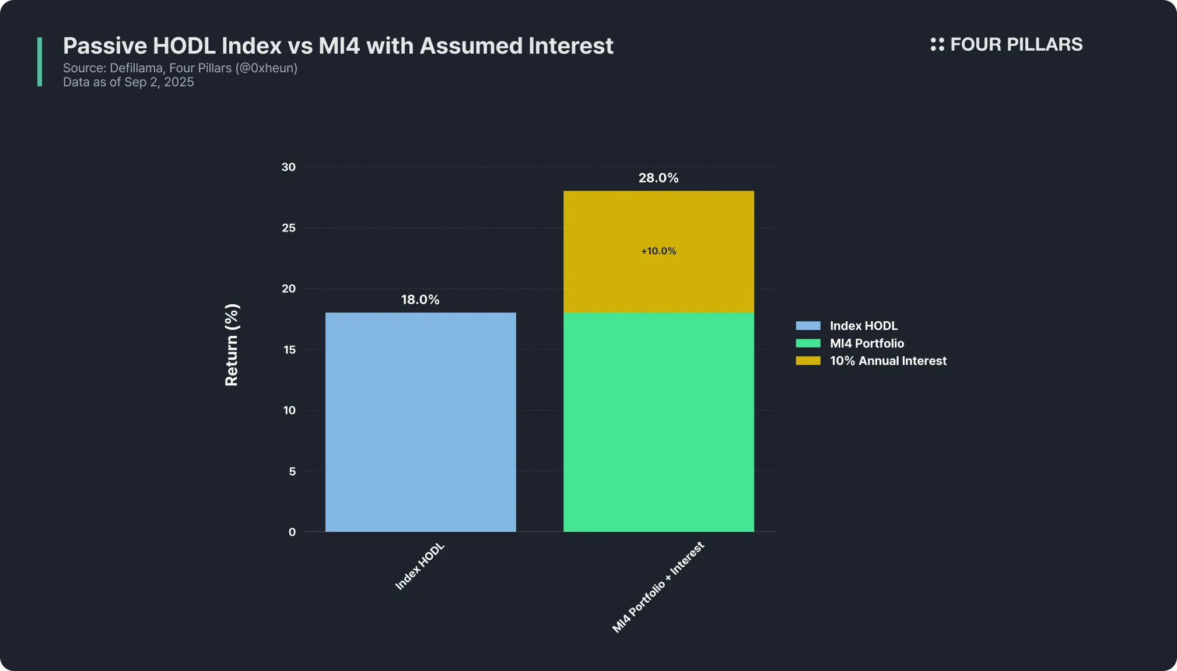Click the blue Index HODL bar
[421, 422]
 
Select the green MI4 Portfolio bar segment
[658, 422]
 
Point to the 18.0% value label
[420, 300]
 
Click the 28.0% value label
[658, 178]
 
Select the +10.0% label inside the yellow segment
[658, 251]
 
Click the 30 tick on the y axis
[289, 167]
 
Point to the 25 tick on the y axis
[289, 228]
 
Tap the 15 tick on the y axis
[289, 350]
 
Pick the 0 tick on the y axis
[292, 532]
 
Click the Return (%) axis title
[232, 345]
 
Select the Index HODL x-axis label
[420, 566]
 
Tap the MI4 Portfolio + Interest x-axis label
[658, 587]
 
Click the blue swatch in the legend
[808, 326]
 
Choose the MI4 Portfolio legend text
[867, 343]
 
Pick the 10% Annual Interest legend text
[888, 361]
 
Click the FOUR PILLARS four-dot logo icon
[937, 44]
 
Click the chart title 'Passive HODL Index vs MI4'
[338, 45]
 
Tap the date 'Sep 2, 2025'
[159, 82]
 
